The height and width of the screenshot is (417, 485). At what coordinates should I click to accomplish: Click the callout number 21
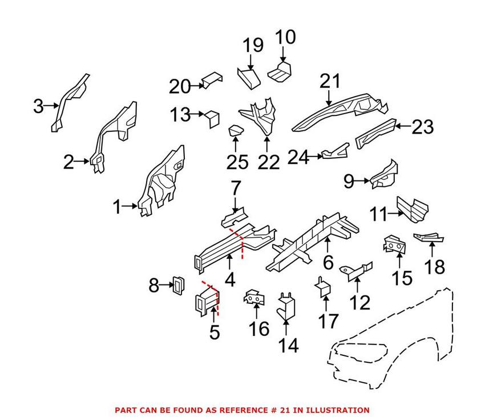329,82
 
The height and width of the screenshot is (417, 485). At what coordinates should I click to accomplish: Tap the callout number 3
38,106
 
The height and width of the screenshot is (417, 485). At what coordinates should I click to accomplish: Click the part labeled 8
178,283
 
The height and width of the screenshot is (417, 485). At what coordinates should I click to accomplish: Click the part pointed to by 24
336,153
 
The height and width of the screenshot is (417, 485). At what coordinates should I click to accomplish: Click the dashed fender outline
394,337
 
